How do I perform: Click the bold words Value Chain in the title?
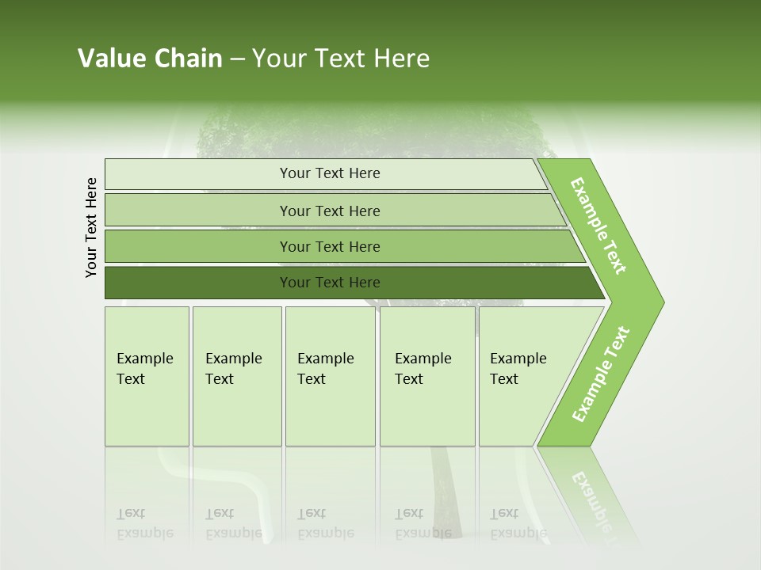click(x=150, y=59)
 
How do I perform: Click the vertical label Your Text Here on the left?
click(x=91, y=227)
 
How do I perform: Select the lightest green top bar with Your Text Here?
click(x=329, y=173)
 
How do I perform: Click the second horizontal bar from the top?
click(x=329, y=211)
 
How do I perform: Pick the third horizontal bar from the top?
click(x=329, y=246)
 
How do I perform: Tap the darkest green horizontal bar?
click(x=329, y=283)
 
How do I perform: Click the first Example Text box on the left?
click(x=147, y=376)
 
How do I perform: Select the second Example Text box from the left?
click(x=236, y=376)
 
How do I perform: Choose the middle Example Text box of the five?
click(x=330, y=376)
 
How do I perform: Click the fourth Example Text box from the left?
click(x=426, y=376)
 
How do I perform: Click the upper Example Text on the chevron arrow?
click(x=598, y=226)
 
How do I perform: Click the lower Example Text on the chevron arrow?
click(x=601, y=374)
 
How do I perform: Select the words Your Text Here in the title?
click(x=341, y=59)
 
